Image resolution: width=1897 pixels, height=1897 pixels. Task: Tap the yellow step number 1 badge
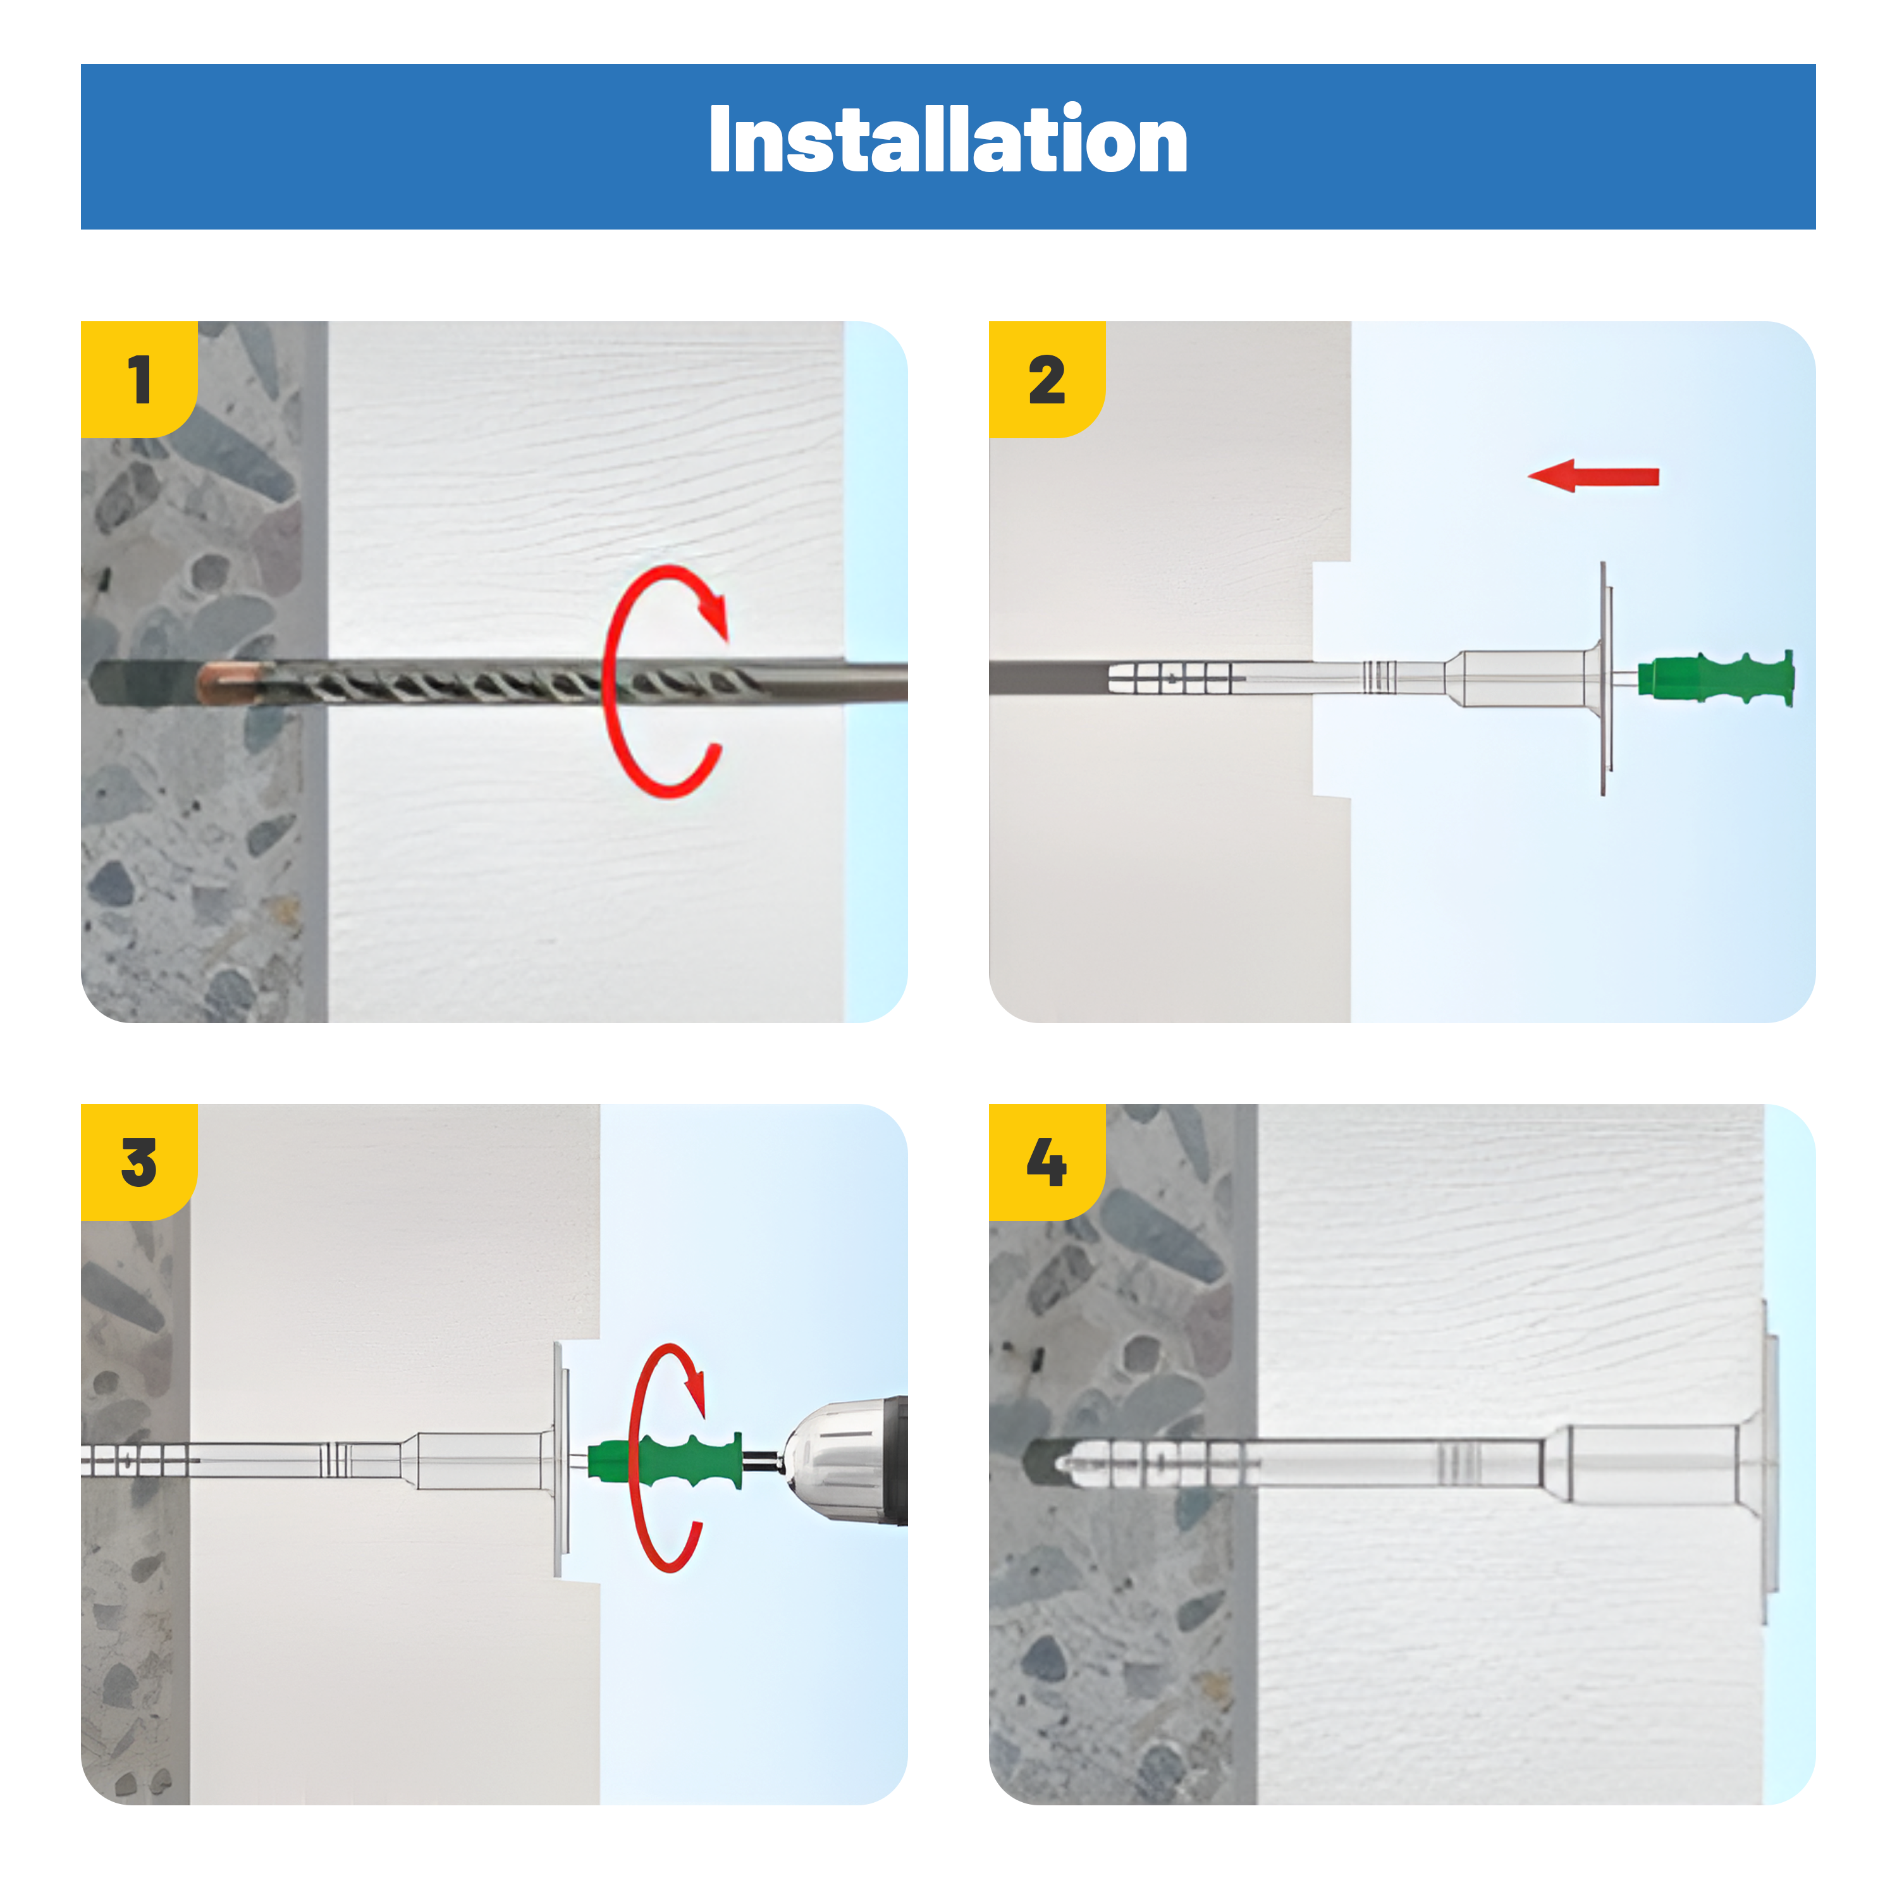point(138,379)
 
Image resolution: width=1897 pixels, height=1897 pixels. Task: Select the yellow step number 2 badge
point(1047,379)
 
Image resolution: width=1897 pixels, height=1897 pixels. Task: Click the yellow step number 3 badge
point(138,1162)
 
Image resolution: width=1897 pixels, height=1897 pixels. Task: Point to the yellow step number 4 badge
point(1047,1162)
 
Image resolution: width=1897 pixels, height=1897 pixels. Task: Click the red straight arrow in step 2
point(1593,476)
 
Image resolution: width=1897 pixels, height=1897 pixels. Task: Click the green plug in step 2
point(1716,677)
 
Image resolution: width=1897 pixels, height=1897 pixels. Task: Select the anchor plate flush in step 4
point(1769,1463)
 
